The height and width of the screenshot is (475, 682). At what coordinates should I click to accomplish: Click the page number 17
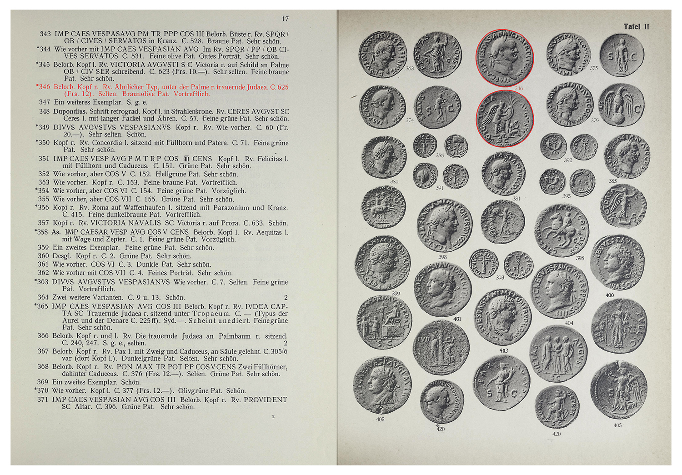pos(285,19)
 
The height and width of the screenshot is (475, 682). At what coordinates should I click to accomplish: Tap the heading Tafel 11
pos(636,27)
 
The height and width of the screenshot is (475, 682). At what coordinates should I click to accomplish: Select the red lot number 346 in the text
pos(44,87)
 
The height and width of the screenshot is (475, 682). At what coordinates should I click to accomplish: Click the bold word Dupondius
pos(70,111)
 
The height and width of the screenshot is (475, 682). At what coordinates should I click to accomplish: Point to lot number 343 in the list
pos(45,34)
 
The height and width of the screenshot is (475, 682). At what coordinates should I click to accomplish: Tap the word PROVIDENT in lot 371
pos(266,400)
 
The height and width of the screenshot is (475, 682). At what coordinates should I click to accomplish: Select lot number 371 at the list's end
pos(43,400)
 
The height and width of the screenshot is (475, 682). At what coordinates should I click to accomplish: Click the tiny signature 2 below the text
pos(273,417)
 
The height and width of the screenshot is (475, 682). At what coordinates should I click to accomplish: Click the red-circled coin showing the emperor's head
pos(504,58)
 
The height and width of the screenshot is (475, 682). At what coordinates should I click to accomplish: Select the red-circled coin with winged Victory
pos(504,119)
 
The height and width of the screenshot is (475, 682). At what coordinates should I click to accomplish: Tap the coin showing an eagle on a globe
pos(621,106)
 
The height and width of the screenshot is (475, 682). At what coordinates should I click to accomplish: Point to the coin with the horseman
pos(562,230)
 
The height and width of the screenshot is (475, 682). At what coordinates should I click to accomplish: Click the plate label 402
pos(503,350)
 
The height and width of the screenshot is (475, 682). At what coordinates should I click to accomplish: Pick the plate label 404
pos(569,323)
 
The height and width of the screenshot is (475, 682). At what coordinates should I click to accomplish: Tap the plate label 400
pos(609,295)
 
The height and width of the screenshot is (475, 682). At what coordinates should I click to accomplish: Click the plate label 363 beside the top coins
pos(410,69)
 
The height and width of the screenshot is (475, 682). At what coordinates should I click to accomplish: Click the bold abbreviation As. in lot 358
pos(56,232)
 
